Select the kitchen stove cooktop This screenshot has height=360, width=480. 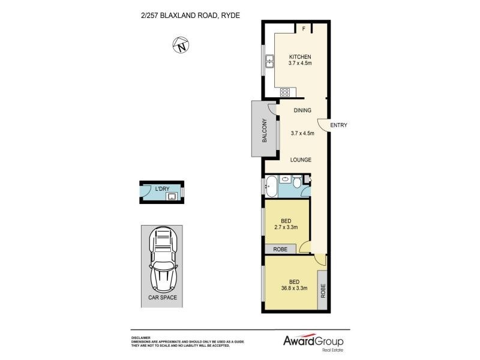[286, 92]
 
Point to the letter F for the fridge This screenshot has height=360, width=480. [303, 28]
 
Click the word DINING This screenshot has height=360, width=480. [302, 110]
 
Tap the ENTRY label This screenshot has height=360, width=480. [339, 125]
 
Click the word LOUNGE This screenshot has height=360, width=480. [300, 160]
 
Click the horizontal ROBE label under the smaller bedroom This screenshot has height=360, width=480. [280, 249]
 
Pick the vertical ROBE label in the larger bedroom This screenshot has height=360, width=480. [322, 292]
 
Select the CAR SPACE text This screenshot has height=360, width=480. [162, 297]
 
